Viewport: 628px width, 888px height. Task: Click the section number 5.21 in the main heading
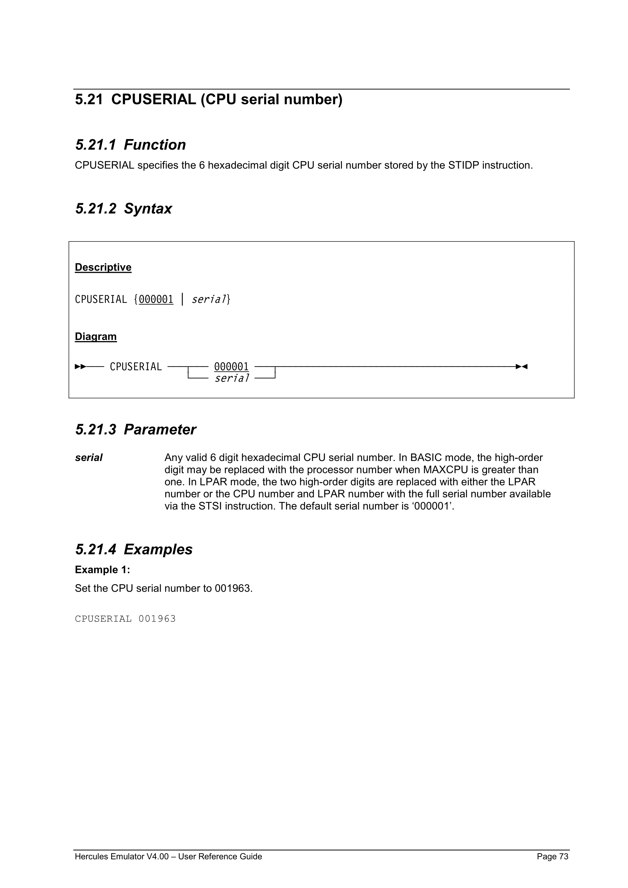tap(89, 100)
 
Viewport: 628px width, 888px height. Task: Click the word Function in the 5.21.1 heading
tap(155, 145)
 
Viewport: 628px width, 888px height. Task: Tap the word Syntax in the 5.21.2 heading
tap(148, 209)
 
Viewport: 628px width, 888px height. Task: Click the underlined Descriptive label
tap(103, 267)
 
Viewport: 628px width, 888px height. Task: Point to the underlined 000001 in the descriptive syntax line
tap(156, 300)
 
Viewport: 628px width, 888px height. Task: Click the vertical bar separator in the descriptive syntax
tap(182, 300)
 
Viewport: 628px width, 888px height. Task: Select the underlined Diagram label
tap(96, 336)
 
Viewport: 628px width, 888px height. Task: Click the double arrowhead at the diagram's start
tap(80, 366)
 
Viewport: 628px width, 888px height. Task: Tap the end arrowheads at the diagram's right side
tap(522, 366)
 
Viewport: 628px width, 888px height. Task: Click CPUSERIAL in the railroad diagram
tap(136, 366)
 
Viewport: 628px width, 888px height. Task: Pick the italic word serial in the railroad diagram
tap(232, 378)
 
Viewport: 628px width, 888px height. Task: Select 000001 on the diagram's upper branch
tap(231, 366)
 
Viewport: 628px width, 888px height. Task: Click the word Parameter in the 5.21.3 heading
tap(160, 430)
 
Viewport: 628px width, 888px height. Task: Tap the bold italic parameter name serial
tap(89, 458)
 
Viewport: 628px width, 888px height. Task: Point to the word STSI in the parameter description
tap(209, 506)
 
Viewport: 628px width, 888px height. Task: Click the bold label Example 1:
tap(102, 570)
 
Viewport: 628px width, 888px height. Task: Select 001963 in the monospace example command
tap(157, 619)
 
